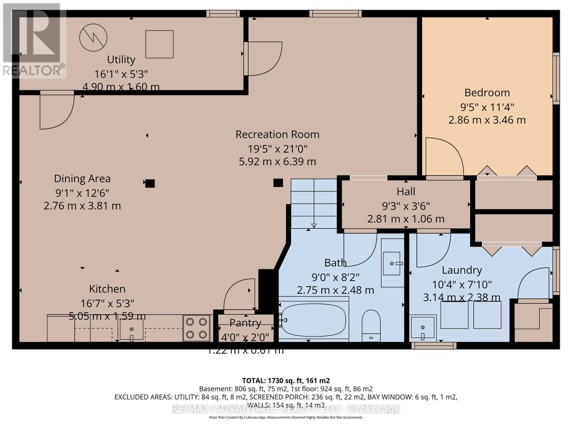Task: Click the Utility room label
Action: click(x=121, y=59)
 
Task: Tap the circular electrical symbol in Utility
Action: click(x=93, y=38)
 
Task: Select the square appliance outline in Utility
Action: click(x=159, y=44)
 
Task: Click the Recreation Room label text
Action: click(x=277, y=134)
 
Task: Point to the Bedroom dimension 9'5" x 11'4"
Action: click(x=487, y=107)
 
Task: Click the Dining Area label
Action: click(x=82, y=178)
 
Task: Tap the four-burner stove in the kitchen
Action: click(x=196, y=328)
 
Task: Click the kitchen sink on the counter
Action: click(x=132, y=329)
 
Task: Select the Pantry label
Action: click(x=245, y=323)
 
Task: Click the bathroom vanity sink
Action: click(x=392, y=263)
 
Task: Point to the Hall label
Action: click(x=406, y=192)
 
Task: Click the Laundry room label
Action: click(x=462, y=270)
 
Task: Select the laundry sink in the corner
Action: click(x=423, y=327)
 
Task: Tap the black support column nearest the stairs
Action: click(x=278, y=183)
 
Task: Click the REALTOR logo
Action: click(x=34, y=41)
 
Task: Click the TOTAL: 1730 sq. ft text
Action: click(x=286, y=381)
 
